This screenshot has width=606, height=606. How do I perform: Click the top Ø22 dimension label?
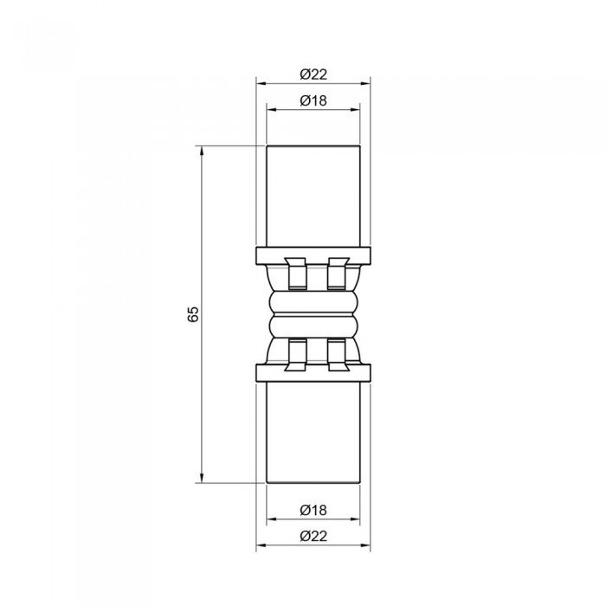click(313, 74)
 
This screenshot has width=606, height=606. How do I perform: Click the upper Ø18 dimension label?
click(313, 100)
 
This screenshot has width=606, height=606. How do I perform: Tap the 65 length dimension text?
click(192, 313)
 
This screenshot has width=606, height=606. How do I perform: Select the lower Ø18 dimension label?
click(313, 510)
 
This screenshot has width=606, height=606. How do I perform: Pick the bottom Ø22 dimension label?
click(313, 536)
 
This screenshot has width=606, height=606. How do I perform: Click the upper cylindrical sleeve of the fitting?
click(313, 196)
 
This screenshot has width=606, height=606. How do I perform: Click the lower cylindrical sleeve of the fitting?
click(313, 433)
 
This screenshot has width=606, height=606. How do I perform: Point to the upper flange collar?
click(313, 256)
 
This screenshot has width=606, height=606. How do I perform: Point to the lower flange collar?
click(313, 373)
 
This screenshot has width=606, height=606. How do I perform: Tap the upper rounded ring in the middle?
click(313, 302)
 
